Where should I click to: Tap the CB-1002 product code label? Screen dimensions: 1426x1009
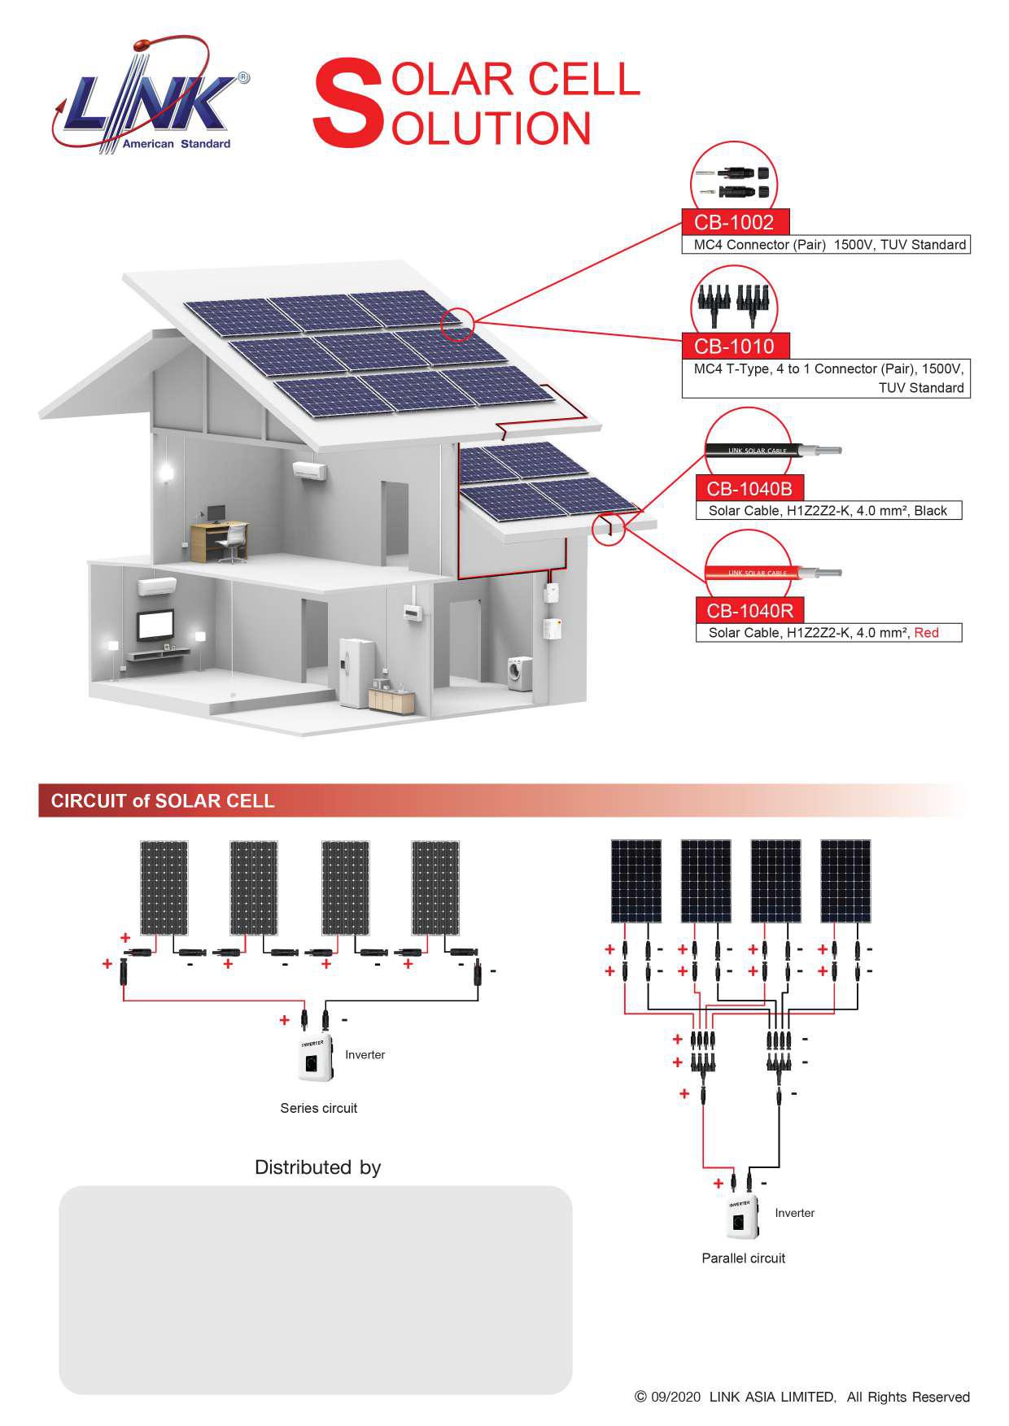coord(734,222)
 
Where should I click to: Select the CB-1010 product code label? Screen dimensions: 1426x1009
coord(734,346)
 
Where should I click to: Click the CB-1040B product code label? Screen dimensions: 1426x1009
coord(749,489)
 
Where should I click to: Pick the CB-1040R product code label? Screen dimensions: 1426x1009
coord(749,611)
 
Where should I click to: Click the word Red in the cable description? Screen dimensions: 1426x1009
coord(926,633)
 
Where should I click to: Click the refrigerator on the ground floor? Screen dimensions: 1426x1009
coord(356,673)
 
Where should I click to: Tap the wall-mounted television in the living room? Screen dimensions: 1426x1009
coord(155,626)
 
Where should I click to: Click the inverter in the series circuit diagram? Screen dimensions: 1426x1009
coord(315,1059)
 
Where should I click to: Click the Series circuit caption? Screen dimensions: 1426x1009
coord(318,1108)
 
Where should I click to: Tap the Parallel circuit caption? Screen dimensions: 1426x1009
coord(743,1258)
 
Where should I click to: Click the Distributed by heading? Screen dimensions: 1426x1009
coord(317,1167)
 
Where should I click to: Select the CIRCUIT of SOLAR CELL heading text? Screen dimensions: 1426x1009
coord(163,801)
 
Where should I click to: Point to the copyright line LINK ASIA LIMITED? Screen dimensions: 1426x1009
coord(802,1397)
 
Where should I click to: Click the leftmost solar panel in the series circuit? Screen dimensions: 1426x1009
coord(164,887)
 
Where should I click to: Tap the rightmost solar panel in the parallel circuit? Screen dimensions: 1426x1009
coord(845,881)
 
